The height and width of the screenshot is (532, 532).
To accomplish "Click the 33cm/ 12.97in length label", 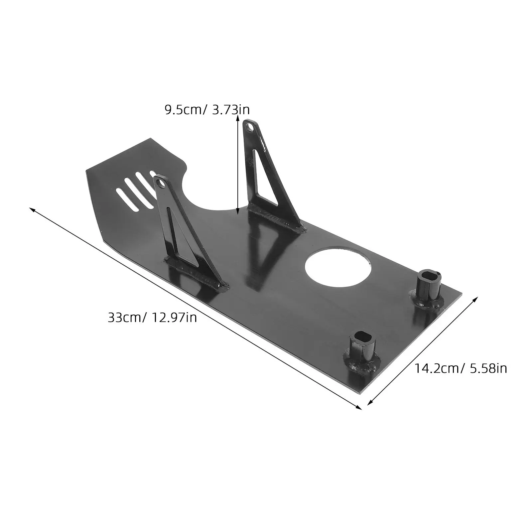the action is pos(152,318).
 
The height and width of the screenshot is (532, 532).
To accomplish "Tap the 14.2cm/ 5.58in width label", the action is pos(461,368).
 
